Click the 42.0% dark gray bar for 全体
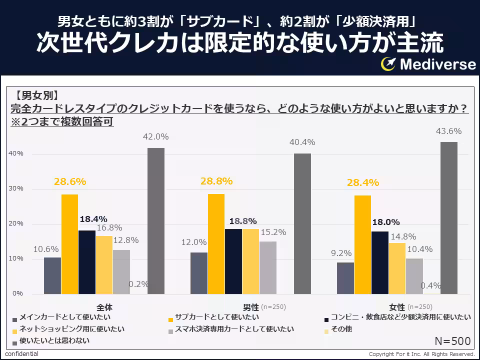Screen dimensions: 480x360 click(156, 221)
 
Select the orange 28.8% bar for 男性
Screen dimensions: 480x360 click(216, 244)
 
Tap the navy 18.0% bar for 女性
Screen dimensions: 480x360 click(380, 262)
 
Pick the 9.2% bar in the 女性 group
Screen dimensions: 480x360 click(345, 278)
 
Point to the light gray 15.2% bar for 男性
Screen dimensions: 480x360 click(268, 268)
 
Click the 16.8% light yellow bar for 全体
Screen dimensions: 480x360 click(104, 265)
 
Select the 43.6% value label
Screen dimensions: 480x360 click(448, 131)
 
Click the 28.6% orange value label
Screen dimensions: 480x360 click(70, 182)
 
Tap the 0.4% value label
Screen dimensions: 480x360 click(430, 285)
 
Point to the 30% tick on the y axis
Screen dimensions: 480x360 click(16, 188)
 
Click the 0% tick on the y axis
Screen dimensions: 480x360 click(18, 293)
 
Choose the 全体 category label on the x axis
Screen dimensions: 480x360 click(104, 307)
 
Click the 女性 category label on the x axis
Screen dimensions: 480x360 click(397, 307)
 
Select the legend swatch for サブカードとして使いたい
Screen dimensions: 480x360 click(171, 320)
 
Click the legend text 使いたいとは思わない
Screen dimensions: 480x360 click(54, 340)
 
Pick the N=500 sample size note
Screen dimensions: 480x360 click(452, 341)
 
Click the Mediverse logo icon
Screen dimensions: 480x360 click(388, 64)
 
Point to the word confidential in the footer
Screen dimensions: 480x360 click(21, 354)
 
